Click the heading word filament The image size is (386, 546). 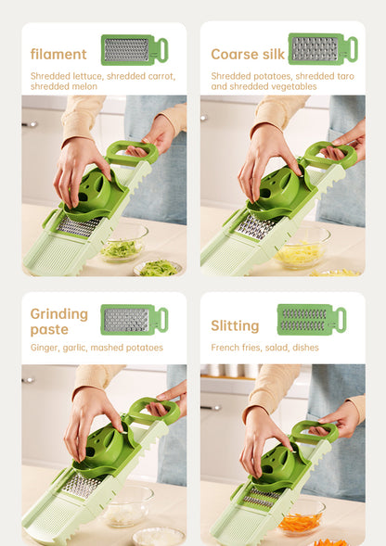tap(58, 55)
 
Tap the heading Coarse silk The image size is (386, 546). tap(248, 55)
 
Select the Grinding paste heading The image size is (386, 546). tap(59, 322)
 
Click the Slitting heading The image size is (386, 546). tap(235, 326)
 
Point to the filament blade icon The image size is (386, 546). tap(135, 50)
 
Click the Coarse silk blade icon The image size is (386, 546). tap(323, 49)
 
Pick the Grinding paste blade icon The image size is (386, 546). tap(135, 320)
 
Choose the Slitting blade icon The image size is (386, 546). tap(312, 320)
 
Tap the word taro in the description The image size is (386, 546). tap(346, 76)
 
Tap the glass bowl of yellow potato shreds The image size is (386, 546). tap(302, 251)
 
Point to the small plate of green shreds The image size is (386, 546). tap(158, 268)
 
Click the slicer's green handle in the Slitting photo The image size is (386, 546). tap(315, 431)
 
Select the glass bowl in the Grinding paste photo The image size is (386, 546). tap(128, 505)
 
